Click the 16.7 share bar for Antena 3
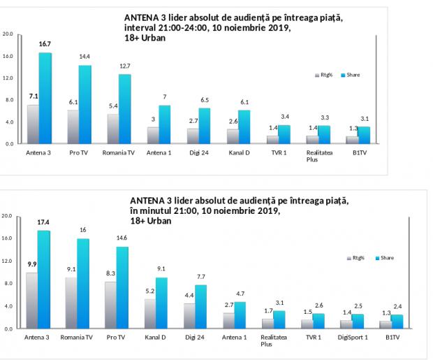[45, 98]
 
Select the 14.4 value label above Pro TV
[85, 57]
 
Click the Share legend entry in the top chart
[351, 75]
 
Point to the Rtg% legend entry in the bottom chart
[358, 258]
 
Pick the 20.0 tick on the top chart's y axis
[7, 34]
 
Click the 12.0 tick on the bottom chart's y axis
[7, 261]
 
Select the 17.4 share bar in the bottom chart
[44, 280]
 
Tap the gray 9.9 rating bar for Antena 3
[31, 300]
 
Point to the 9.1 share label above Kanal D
[161, 268]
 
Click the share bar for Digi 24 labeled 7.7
[200, 306]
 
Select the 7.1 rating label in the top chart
[34, 96]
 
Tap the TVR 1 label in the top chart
[277, 152]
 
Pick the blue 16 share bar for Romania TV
[84, 283]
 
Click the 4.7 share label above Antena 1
[240, 294]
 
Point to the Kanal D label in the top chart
[237, 152]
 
